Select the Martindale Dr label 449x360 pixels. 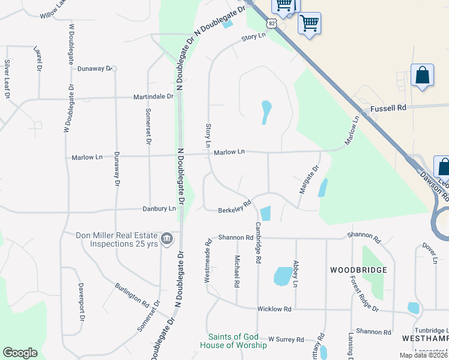153,96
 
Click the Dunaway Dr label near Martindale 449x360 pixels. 95,68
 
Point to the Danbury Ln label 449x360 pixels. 159,209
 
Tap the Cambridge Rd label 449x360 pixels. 259,242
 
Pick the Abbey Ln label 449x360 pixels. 295,273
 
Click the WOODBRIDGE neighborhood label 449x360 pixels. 358,271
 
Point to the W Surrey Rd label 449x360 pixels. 286,340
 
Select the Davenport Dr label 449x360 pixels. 79,298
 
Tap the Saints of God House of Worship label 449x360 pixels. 237,341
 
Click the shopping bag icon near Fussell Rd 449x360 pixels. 423,76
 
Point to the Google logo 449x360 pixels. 20,353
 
